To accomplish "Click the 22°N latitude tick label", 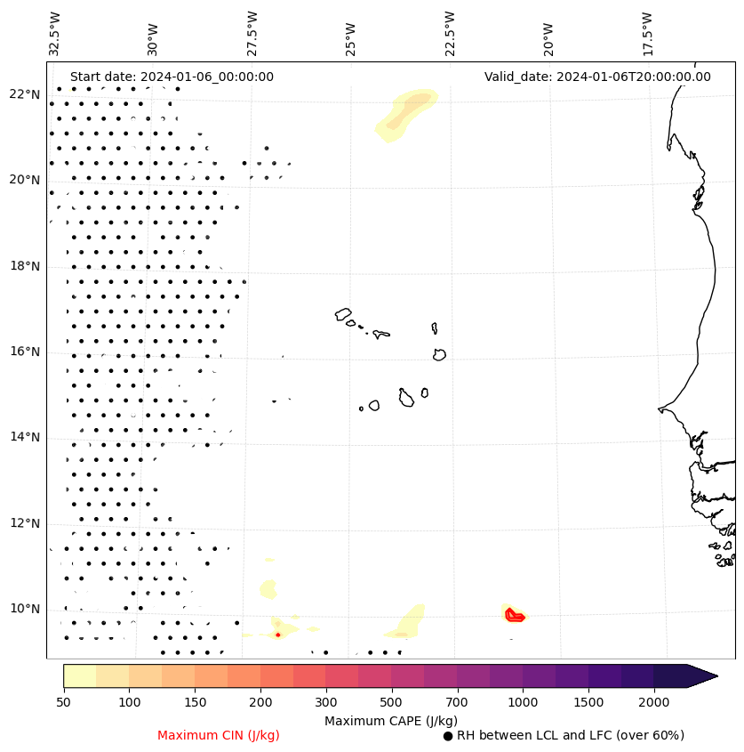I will (x=25, y=94).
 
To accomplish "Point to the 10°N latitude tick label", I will (x=25, y=609).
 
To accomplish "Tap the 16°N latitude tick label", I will (x=25, y=352).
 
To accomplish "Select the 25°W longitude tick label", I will (x=351, y=33).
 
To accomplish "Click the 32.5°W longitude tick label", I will (x=55, y=33).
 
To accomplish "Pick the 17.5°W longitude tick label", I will (x=647, y=33).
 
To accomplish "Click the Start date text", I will (x=172, y=77).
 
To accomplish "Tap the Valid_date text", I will (x=597, y=77).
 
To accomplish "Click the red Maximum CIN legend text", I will (x=218, y=735).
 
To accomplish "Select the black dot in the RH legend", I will (x=448, y=736).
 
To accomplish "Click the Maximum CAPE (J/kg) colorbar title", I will (x=391, y=720).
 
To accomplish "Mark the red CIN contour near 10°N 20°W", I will (x=514, y=614).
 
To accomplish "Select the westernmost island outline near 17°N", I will (x=343, y=314).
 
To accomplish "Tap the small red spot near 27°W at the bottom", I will (x=277, y=635).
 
